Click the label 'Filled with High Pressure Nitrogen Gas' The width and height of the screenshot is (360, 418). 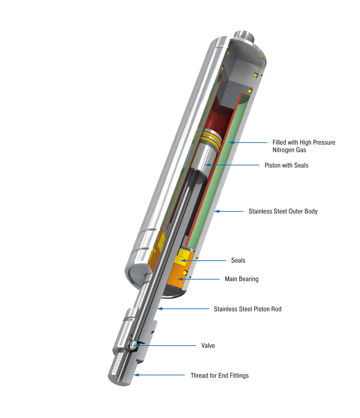[304, 146]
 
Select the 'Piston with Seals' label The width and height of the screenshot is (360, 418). [286, 165]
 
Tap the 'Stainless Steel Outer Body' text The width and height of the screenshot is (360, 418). [283, 211]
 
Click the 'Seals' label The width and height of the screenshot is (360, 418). [238, 260]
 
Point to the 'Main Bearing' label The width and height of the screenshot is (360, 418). [241, 279]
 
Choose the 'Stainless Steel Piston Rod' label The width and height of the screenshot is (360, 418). [247, 309]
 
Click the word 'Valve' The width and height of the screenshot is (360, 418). [208, 346]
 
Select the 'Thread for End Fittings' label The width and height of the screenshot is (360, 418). [219, 375]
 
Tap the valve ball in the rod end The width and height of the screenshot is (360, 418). [133, 345]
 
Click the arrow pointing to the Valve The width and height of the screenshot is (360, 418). [167, 346]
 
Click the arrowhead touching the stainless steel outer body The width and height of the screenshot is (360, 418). [216, 211]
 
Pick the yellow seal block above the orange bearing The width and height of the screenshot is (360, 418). [183, 257]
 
